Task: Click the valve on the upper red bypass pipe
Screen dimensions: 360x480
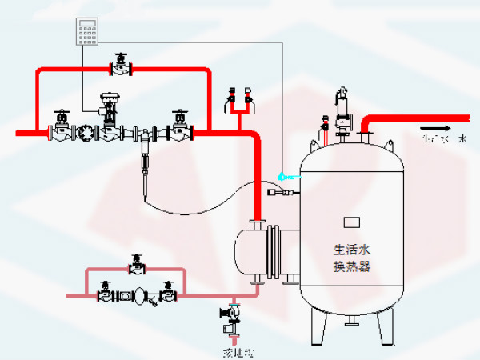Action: (x=120, y=66)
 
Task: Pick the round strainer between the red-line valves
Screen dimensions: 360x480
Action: (x=83, y=133)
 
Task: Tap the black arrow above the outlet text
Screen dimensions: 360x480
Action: (x=433, y=127)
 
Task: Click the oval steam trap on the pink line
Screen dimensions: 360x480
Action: (x=138, y=295)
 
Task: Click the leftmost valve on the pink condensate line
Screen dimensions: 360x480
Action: (x=106, y=293)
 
